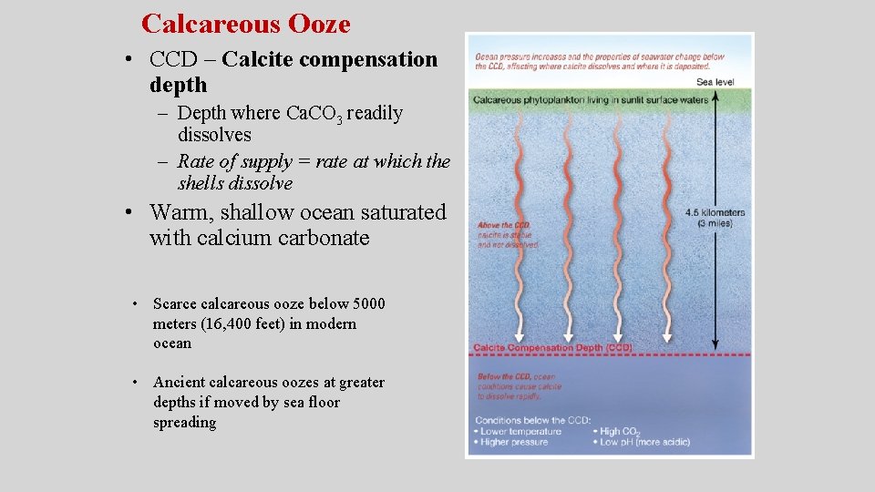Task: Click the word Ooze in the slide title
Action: (318, 24)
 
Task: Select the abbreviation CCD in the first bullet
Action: (172, 60)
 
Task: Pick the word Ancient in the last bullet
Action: (179, 383)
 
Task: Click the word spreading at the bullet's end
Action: (185, 423)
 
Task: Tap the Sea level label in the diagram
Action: (715, 82)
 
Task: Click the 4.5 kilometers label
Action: (715, 213)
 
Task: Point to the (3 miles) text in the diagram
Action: (715, 224)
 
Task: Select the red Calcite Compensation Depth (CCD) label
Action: (552, 347)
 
